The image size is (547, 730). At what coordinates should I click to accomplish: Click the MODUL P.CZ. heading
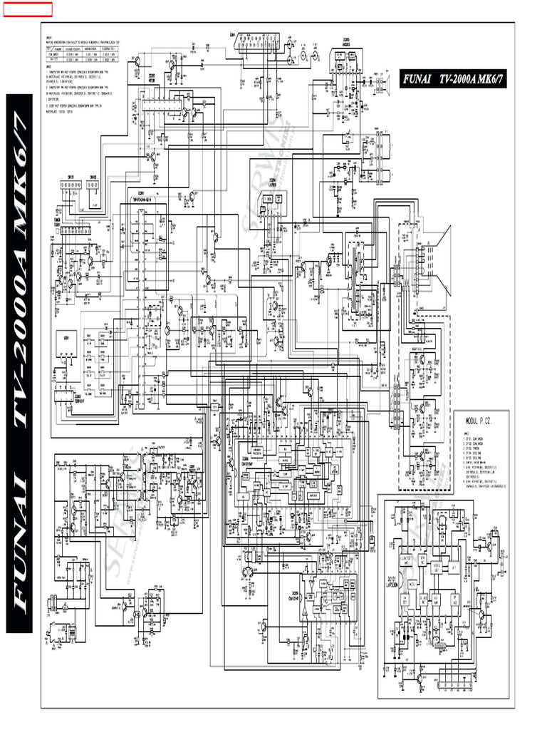tap(482, 423)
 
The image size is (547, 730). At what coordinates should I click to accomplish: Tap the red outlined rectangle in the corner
tap(27, 9)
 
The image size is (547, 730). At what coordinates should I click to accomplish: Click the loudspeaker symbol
tap(387, 86)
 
